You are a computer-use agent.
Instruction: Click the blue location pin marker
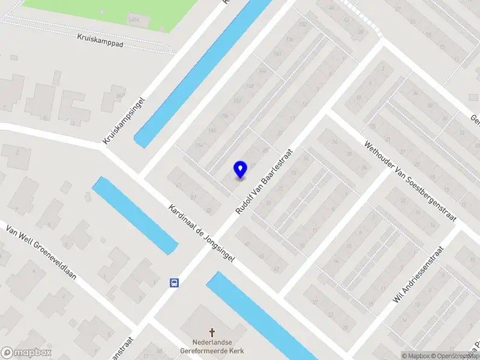point(240,169)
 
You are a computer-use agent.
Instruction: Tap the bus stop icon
point(174,283)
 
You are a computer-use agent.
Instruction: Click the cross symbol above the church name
point(212,332)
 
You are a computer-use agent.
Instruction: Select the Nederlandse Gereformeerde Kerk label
point(214,346)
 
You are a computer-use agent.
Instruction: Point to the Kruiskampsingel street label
point(124,121)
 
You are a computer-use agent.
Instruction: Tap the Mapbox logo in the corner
point(26,353)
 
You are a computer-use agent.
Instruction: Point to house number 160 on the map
point(212,130)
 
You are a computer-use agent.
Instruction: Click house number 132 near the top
point(303,24)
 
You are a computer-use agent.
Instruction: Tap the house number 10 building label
point(358,97)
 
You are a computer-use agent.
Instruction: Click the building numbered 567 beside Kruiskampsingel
point(121,95)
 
